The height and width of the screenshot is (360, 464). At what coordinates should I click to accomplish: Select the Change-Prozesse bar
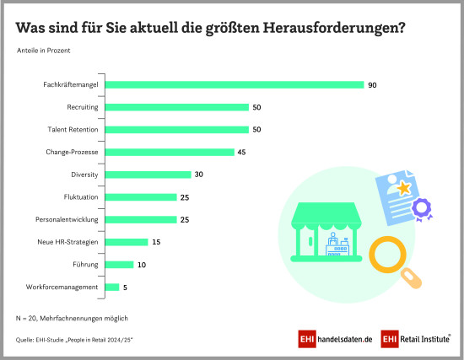[169, 152]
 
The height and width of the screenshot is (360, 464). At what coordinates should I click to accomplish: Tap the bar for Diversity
[148, 175]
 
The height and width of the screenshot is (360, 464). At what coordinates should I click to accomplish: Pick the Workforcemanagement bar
[111, 287]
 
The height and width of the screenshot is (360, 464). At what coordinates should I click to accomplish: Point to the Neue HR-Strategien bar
[126, 242]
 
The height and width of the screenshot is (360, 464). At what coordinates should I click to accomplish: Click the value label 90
[372, 84]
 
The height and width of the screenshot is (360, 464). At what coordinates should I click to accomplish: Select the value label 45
[242, 152]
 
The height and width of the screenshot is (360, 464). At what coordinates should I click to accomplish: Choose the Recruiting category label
[83, 107]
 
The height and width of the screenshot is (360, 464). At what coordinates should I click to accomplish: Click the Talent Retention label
[73, 130]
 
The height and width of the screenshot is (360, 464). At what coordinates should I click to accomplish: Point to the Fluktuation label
[79, 197]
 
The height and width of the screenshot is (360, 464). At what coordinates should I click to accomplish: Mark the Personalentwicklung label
[66, 219]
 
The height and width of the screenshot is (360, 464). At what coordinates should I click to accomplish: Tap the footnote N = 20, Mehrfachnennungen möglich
[72, 318]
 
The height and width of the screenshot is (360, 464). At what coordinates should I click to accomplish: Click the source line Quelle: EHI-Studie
[75, 339]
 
